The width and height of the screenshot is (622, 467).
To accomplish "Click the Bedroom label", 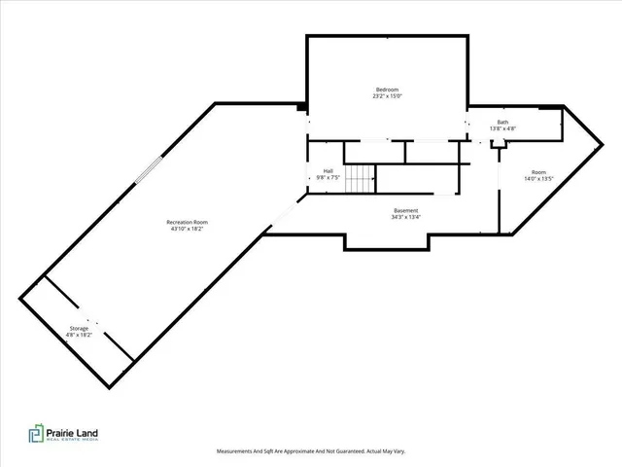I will coord(387,90).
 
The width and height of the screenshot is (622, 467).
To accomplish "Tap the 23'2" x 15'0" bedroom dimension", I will coord(387,96).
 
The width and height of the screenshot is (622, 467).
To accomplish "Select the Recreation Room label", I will coord(187,222).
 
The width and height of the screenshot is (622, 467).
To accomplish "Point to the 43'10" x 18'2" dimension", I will coord(187,229).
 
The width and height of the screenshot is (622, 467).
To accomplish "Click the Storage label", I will coord(79,328).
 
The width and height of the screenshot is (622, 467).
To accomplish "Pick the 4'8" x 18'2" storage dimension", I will coord(79,335).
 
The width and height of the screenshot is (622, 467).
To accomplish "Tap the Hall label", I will coord(328,171).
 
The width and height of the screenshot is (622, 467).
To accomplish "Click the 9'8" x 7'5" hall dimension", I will coord(328,178).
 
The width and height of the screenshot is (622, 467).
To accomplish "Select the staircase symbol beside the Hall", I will coord(362,179).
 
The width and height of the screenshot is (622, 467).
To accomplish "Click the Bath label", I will coord(502,123).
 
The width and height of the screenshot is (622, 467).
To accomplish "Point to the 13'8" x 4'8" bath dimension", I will coord(502,128).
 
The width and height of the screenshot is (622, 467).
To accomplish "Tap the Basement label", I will coord(406,210).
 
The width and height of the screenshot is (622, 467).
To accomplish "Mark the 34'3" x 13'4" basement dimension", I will coord(406,217).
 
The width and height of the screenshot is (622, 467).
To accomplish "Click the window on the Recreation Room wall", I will coord(142,170).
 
